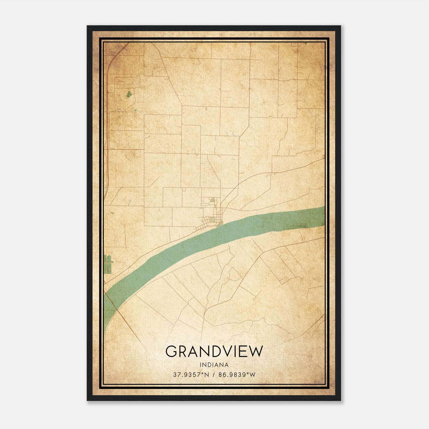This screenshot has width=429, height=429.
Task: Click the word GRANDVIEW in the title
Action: click(214, 352)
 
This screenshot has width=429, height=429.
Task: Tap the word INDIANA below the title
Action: click(214, 365)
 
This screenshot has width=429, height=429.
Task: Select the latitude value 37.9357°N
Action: click(190, 375)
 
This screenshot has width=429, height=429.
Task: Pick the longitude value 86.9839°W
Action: click(237, 375)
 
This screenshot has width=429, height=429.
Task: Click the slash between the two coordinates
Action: click(214, 375)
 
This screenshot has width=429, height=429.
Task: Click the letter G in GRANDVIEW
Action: click(171, 352)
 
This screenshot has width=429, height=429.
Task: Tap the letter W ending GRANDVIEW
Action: click(256, 352)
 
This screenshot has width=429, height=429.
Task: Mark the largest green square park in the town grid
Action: click(213, 220)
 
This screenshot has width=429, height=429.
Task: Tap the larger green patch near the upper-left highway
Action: click(129, 94)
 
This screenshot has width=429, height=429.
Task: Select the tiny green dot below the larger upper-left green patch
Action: click(135, 110)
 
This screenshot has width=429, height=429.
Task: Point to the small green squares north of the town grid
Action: click(213, 200)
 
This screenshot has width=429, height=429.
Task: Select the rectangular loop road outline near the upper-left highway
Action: click(127, 82)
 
